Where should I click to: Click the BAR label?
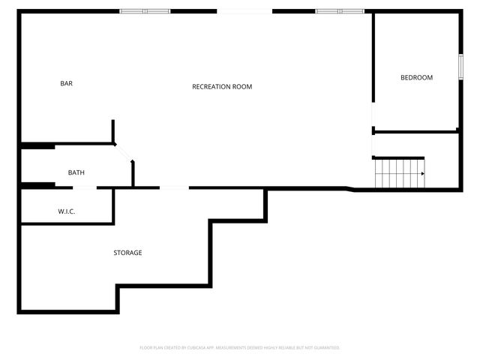(x=66, y=83)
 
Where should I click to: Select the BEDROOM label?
(x=416, y=78)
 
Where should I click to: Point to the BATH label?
(x=76, y=172)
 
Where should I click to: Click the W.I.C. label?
(x=67, y=211)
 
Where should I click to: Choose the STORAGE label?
(x=127, y=253)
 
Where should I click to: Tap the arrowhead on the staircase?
(x=422, y=174)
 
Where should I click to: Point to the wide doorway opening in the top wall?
(x=244, y=11)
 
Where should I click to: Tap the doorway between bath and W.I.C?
(x=76, y=187)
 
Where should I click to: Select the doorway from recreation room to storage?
(x=174, y=187)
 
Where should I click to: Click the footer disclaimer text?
(x=240, y=348)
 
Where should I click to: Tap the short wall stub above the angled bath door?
(x=113, y=131)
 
